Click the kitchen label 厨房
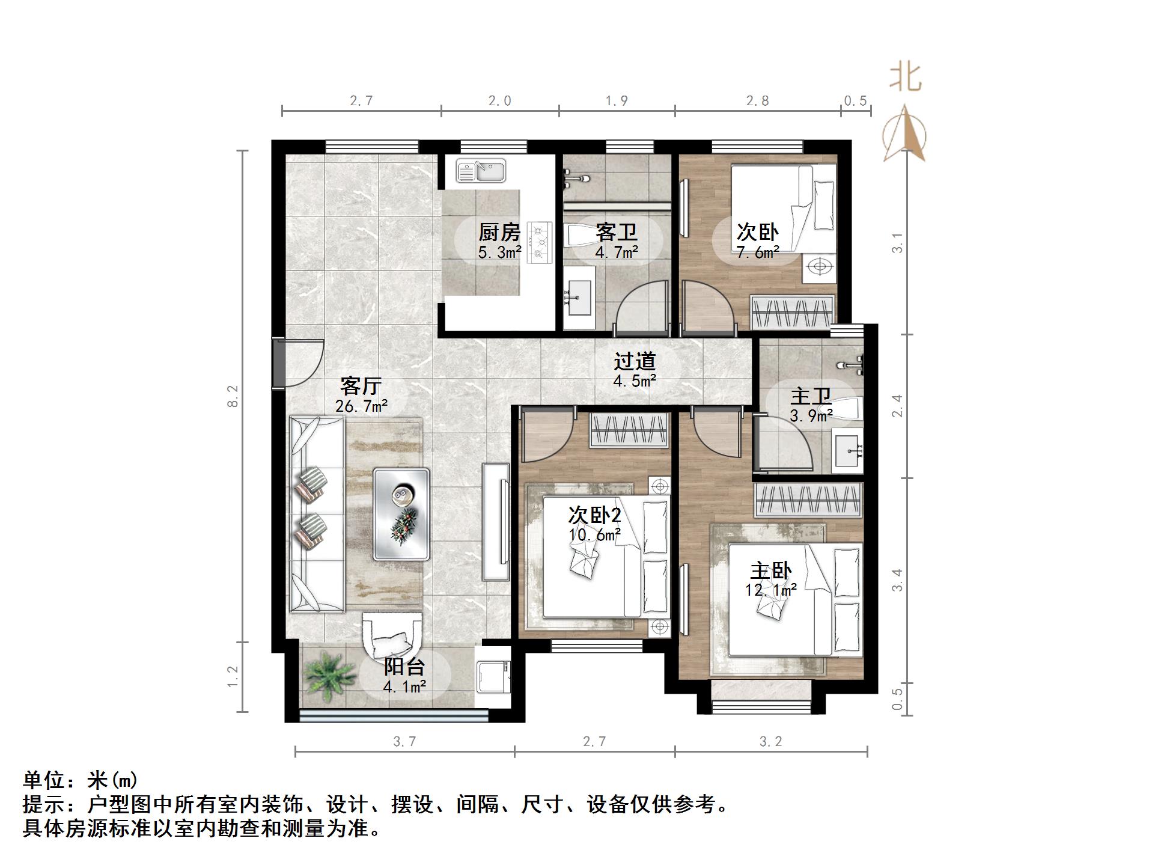(498, 232)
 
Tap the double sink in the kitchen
(480, 171)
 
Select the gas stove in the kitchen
(539, 242)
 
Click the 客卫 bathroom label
(616, 232)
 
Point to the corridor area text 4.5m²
(635, 381)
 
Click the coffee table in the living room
(401, 514)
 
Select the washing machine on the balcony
(493, 676)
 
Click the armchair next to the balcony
(392, 637)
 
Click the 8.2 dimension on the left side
(233, 396)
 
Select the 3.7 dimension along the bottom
(404, 742)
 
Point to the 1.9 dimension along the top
(616, 101)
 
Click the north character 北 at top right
(905, 78)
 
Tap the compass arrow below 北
(904, 133)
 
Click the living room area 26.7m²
(361, 406)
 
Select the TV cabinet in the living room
(496, 522)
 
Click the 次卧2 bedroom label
(594, 515)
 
